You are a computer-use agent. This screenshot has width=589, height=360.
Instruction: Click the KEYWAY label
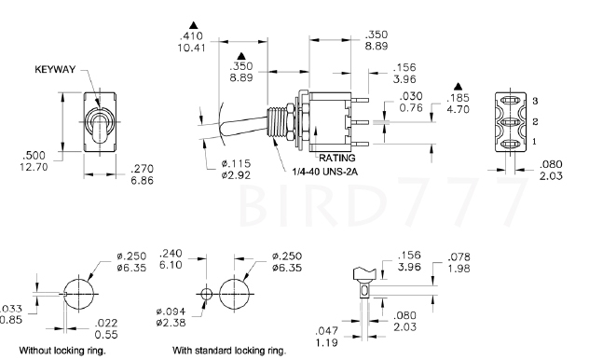55,70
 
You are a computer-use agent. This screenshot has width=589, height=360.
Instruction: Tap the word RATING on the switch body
337,158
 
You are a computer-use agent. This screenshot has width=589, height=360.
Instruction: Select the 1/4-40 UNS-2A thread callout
325,172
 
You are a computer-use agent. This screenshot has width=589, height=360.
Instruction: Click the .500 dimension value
34,155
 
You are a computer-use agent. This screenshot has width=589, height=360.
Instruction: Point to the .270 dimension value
142,169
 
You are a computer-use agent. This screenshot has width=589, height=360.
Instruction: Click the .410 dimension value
191,36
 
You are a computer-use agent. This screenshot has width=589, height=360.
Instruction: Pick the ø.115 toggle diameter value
236,163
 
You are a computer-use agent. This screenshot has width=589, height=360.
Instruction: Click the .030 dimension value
411,96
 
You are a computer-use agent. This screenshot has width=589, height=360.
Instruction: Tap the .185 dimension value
458,98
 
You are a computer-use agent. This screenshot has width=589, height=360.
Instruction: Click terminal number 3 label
535,101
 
